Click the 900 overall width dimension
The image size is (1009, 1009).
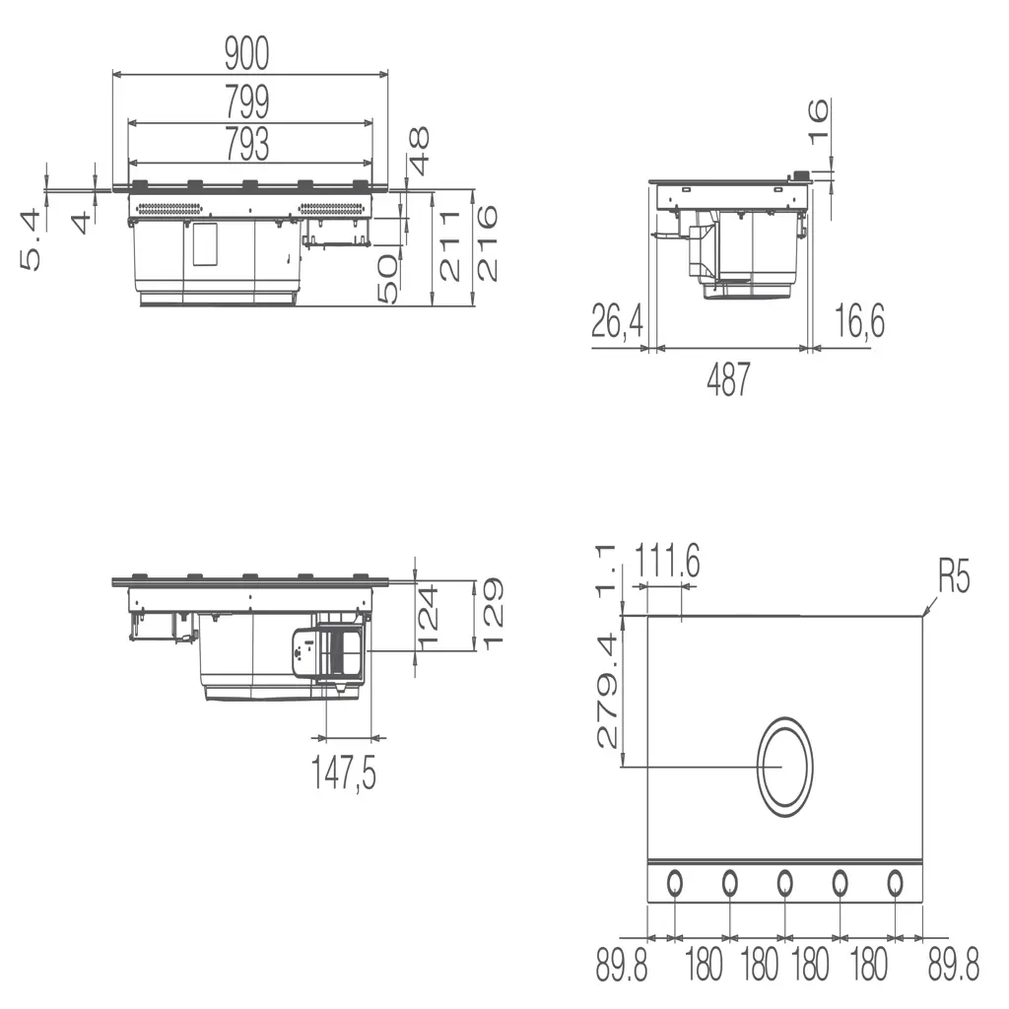pos(246,55)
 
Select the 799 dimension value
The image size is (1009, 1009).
pos(246,102)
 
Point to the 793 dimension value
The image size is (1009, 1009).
pos(246,145)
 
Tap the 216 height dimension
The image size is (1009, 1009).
pos(487,242)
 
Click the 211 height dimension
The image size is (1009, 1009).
pos(450,245)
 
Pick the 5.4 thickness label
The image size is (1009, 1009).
pos(31,239)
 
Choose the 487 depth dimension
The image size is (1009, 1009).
pos(728,380)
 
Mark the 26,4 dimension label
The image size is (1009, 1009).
pos(618,322)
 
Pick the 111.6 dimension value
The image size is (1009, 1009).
pos(667,564)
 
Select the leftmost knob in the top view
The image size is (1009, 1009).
pos(675,883)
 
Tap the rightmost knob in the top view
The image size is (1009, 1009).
pos(895,883)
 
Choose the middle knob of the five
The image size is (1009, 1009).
pos(784,883)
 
